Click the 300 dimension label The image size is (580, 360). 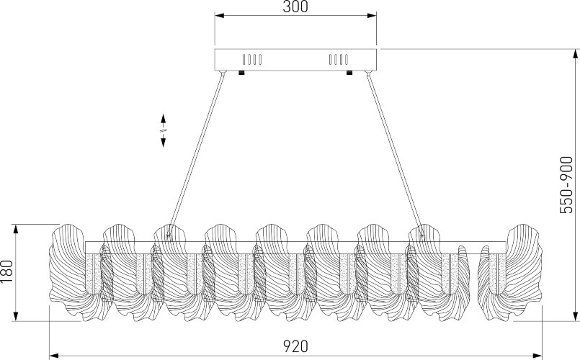[x=295, y=6]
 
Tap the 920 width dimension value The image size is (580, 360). [x=295, y=346]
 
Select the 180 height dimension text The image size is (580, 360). [x=7, y=271]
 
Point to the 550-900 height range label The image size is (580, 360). [x=566, y=185]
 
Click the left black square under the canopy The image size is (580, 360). [x=241, y=73]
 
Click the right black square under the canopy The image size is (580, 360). [x=349, y=73]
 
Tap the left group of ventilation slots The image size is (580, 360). [x=252, y=60]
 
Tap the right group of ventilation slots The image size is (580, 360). [x=339, y=60]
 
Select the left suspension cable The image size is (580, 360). [x=196, y=155]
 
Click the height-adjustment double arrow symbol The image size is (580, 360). [x=163, y=130]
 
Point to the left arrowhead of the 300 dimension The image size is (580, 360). [x=220, y=16]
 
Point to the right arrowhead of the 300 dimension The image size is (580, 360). [x=372, y=16]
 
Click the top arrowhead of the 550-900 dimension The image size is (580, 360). [x=575, y=53]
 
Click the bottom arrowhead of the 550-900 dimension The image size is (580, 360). [x=575, y=316]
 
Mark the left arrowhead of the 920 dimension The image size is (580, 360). [x=54, y=356]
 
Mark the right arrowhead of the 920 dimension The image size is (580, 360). [x=537, y=356]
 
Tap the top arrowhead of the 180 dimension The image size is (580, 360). [x=16, y=229]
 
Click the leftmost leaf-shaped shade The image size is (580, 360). [x=68, y=271]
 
